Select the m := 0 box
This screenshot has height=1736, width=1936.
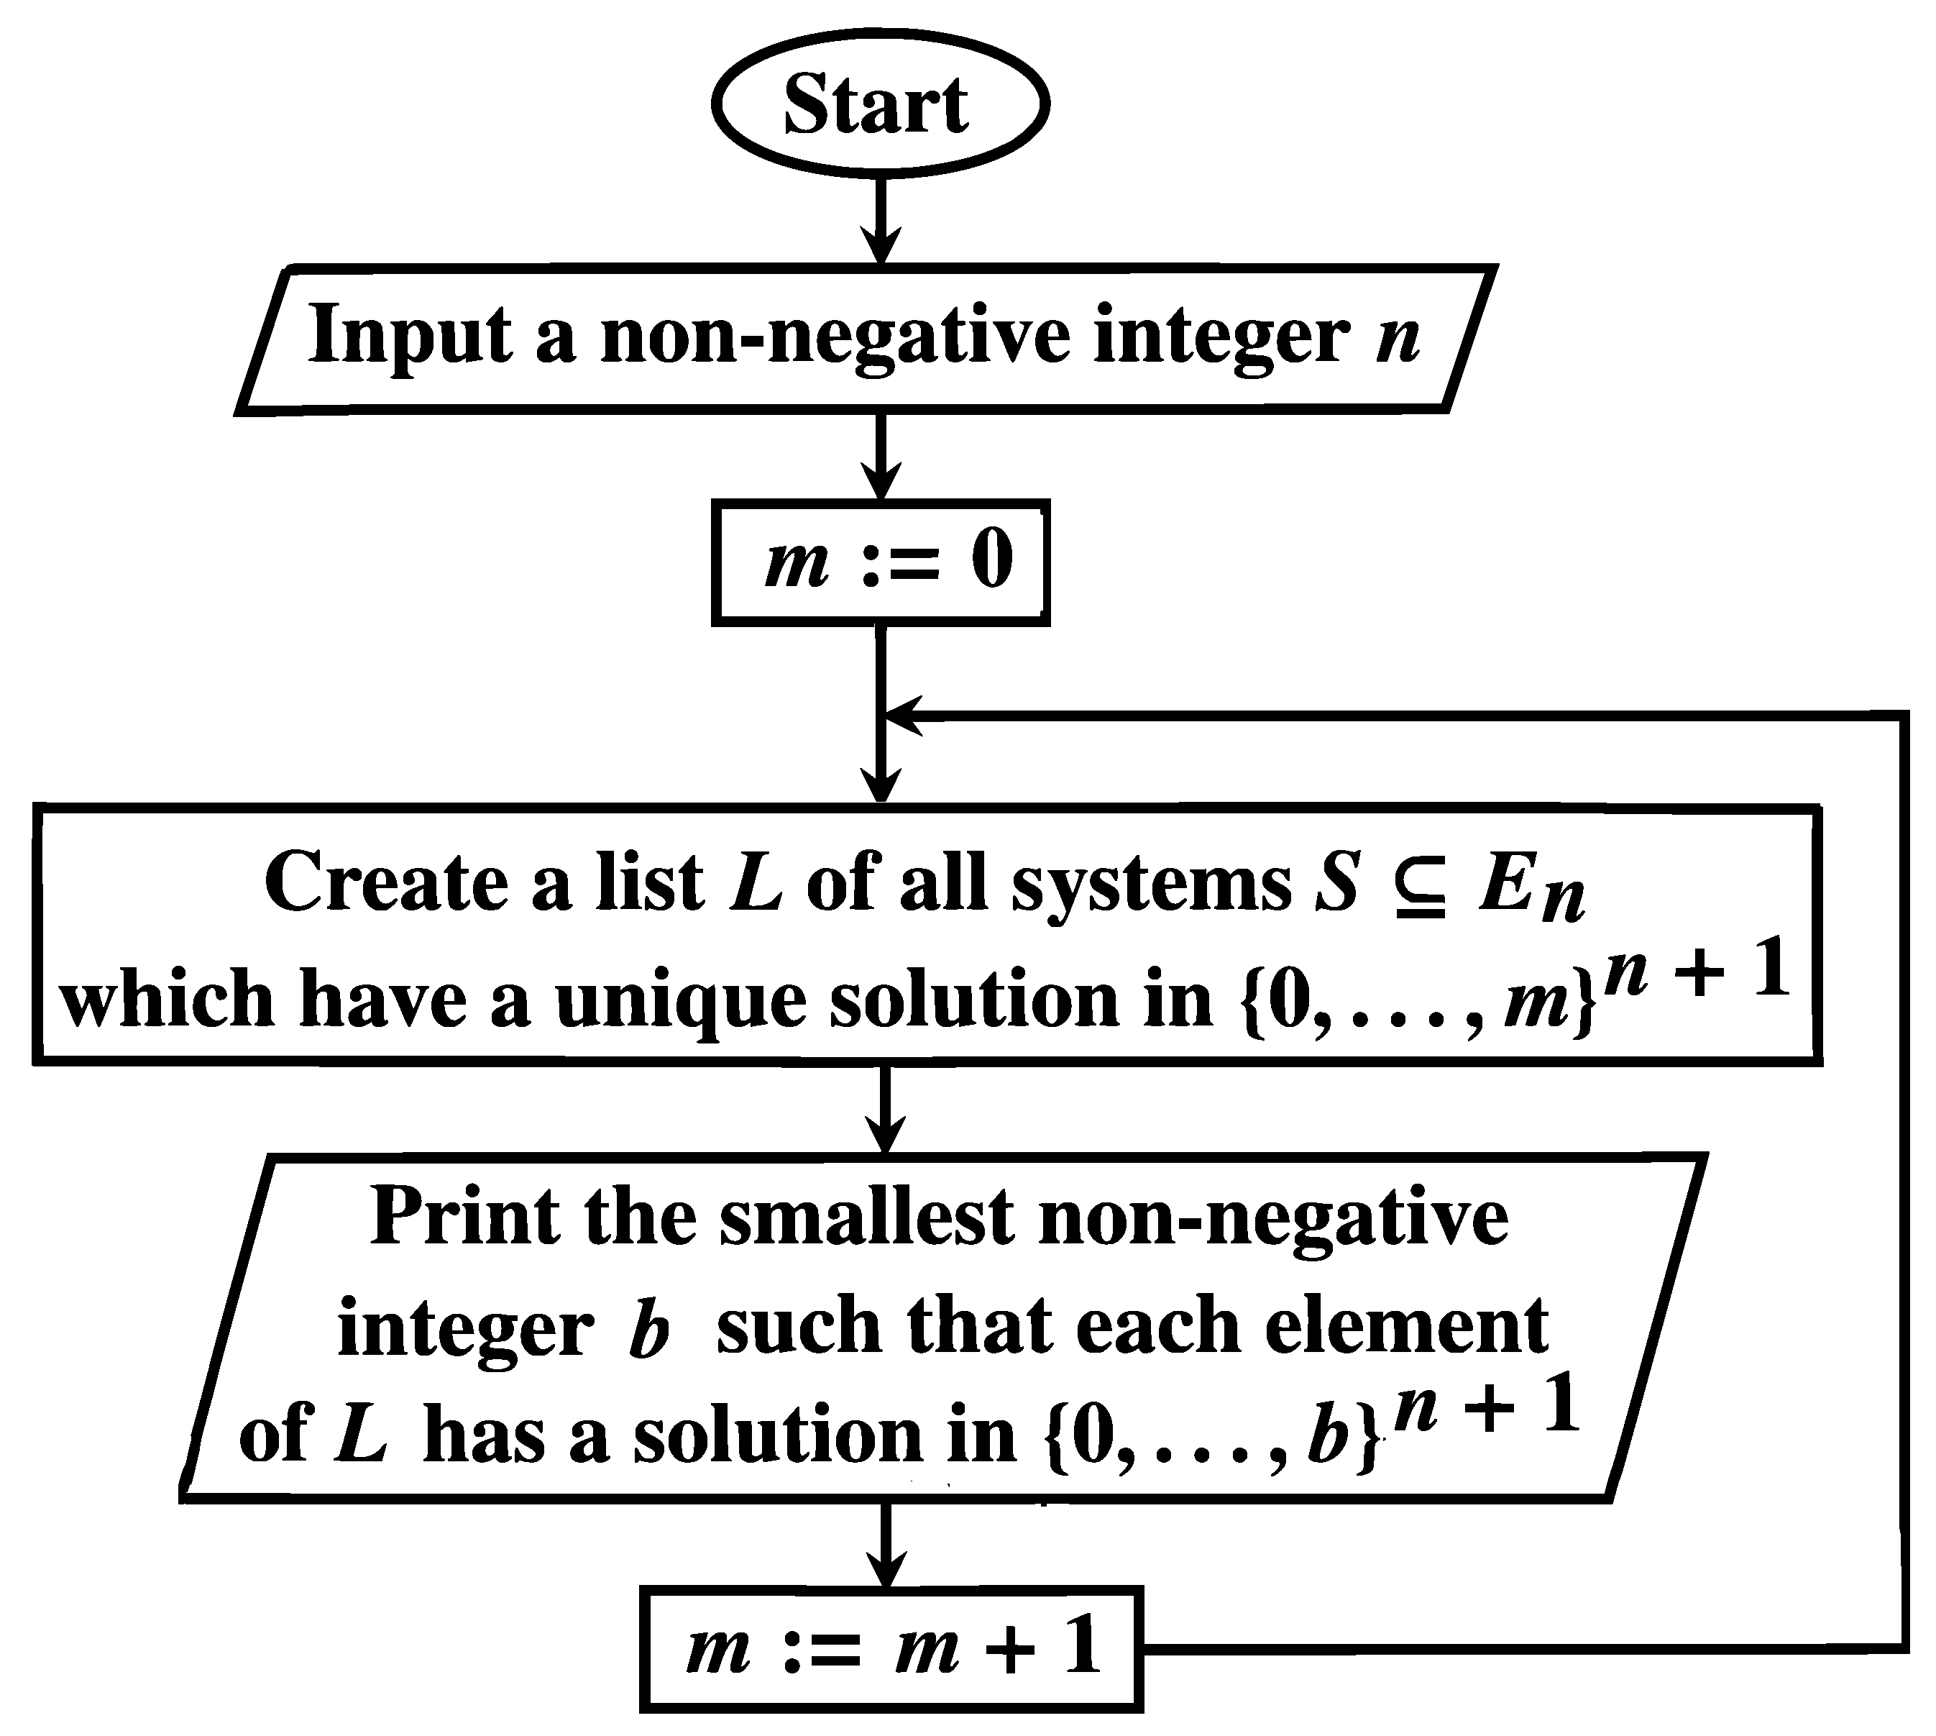(879, 563)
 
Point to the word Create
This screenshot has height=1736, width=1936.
(386, 883)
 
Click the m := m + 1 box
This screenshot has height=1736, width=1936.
(891, 1648)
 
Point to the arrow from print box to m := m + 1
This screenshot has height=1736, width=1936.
(886, 1545)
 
